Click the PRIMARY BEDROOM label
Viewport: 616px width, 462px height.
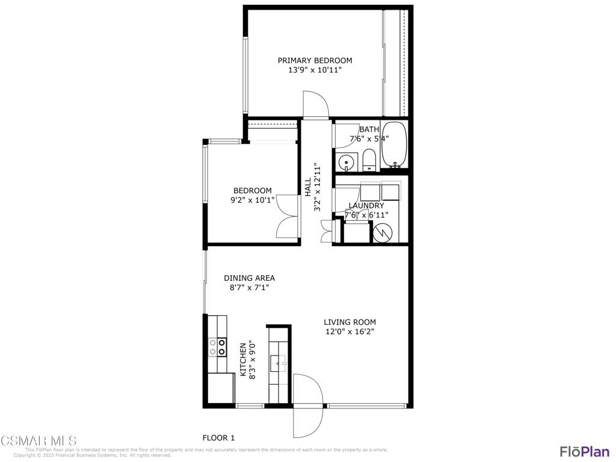pos(315,60)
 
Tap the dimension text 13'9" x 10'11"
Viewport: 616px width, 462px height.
pos(315,70)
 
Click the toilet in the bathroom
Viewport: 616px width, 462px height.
pos(369,161)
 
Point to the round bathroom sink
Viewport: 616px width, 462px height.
pos(346,162)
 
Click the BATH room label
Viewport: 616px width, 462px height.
pos(369,129)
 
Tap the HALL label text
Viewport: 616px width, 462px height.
pos(307,187)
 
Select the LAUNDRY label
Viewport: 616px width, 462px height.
pos(366,206)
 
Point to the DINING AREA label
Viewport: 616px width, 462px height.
pos(249,278)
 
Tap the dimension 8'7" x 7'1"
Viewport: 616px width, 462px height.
pos(249,288)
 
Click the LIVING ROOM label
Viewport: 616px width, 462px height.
pos(350,322)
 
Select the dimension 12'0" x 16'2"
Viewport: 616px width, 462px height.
pos(350,331)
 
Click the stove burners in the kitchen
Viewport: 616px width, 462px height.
pos(217,346)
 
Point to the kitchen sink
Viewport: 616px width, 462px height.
pos(278,362)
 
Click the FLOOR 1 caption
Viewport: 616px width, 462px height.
pos(218,437)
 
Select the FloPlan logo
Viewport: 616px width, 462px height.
pos(584,451)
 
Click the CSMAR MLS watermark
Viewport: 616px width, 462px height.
pos(38,440)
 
